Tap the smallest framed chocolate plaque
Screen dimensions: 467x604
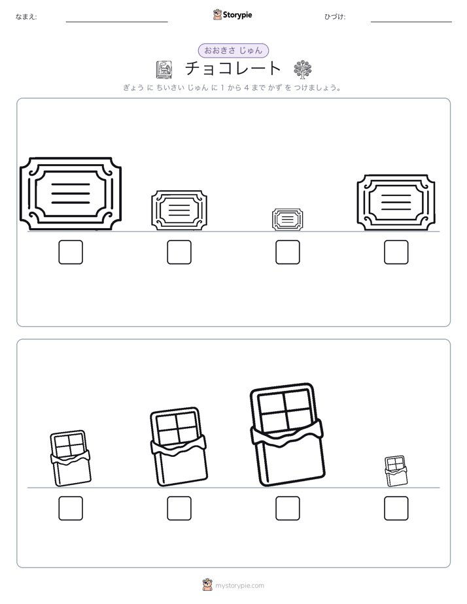[287, 220]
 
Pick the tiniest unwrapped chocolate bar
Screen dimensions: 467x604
[396, 471]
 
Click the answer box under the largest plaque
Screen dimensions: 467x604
[71, 252]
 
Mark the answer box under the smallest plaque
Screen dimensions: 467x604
[287, 252]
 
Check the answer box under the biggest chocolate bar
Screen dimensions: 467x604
[287, 509]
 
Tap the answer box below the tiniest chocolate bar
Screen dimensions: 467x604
[396, 509]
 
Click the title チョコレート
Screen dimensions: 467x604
[233, 69]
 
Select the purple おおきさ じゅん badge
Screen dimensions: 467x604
[233, 50]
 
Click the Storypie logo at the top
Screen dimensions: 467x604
[233, 14]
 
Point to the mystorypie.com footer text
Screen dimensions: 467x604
[239, 586]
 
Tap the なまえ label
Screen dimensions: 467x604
[26, 16]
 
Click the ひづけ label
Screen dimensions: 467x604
[335, 16]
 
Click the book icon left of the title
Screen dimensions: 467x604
[164, 70]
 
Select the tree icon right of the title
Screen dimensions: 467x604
[302, 69]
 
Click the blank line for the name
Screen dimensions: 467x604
[116, 22]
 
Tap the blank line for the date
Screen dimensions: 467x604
[411, 22]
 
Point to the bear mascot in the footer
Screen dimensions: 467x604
[207, 585]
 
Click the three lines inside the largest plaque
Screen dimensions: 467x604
[71, 193]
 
